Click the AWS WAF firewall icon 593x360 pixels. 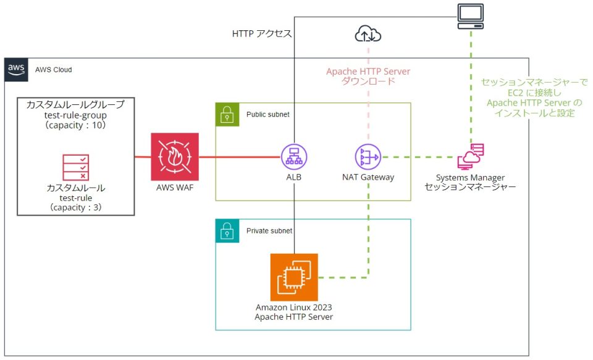[x=175, y=157]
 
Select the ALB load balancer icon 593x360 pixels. [x=293, y=157]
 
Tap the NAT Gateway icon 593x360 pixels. [x=368, y=157]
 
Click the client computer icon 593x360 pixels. [x=470, y=16]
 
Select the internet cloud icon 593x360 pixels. [x=368, y=35]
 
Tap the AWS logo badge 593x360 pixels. [x=17, y=70]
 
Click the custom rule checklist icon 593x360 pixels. [x=75, y=167]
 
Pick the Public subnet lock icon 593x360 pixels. [x=227, y=114]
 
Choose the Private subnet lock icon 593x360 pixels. [x=227, y=230]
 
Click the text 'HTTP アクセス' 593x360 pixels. [x=261, y=35]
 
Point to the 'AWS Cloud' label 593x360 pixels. [x=53, y=70]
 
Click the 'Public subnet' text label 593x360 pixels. [x=267, y=114]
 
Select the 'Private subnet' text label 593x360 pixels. [x=269, y=230]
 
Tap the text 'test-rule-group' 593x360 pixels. [x=75, y=115]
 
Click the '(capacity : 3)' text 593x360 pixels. [x=75, y=207]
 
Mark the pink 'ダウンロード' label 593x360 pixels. [x=368, y=82]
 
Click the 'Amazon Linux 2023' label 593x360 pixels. [x=294, y=307]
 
